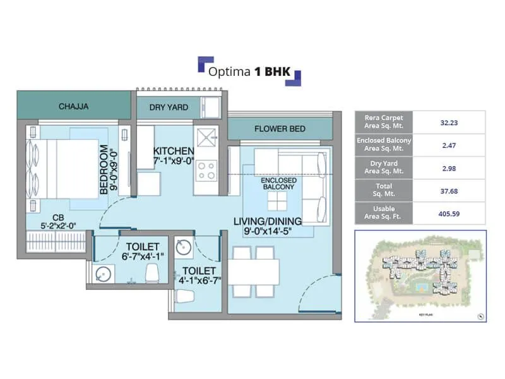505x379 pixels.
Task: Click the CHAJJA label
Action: [x=73, y=107]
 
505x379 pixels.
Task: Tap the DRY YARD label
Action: [x=169, y=107]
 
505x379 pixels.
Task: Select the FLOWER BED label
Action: [x=280, y=129]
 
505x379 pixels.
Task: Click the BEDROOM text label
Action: [x=104, y=170]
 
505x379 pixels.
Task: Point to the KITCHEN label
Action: [x=173, y=151]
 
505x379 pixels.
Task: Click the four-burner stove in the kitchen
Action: [x=206, y=169]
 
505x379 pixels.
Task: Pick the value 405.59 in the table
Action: [x=449, y=214]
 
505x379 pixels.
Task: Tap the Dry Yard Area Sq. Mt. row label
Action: [x=384, y=168]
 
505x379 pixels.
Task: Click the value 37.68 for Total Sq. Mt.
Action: [x=449, y=191]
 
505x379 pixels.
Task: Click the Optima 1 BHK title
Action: [x=249, y=71]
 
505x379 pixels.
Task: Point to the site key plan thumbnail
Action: [x=420, y=276]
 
